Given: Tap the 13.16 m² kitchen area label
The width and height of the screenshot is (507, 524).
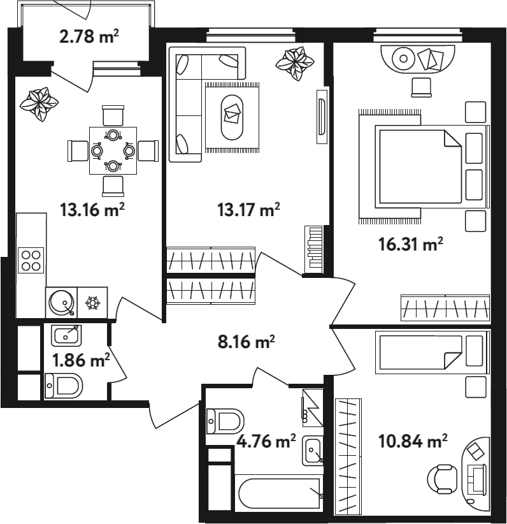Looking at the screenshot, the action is click(x=92, y=210).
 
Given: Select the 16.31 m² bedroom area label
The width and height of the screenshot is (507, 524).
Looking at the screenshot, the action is click(x=410, y=244).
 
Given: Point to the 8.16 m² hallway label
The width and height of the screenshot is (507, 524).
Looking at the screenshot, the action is click(x=246, y=342).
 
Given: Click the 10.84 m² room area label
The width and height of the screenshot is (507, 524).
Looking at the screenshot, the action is click(x=413, y=441).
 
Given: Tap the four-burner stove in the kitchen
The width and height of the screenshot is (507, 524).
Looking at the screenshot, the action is click(x=31, y=260).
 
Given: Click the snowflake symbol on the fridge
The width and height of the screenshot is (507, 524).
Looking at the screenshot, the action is click(x=92, y=302).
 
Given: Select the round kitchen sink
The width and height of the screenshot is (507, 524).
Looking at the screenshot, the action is click(x=61, y=302).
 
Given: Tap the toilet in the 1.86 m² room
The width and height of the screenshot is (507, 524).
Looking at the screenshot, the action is click(x=64, y=386).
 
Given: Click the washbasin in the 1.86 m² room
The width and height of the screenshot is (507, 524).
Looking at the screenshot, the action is click(x=66, y=335).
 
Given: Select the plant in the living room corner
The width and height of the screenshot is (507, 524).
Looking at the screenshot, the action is click(x=294, y=64).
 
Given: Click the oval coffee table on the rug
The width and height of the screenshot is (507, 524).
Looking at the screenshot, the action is click(x=232, y=117).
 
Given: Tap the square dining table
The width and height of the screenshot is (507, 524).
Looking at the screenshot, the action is click(x=113, y=150).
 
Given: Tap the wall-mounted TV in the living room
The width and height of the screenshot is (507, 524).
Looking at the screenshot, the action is click(x=322, y=117).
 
